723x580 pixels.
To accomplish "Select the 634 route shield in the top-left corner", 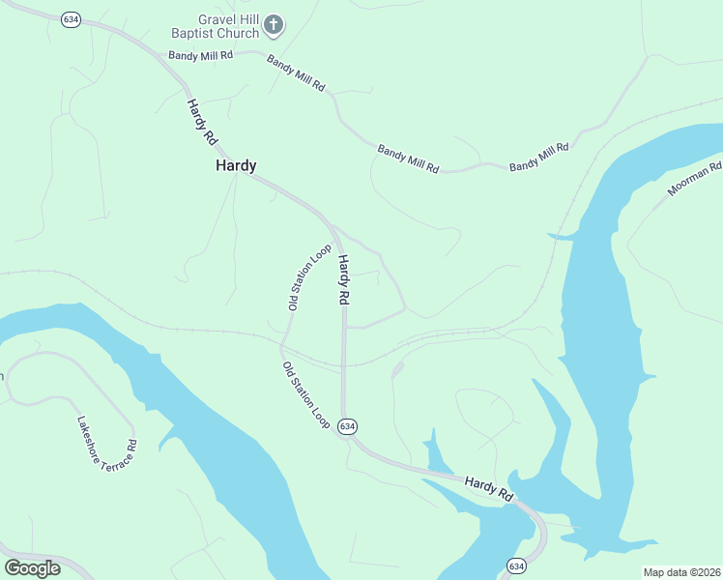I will click(70, 19).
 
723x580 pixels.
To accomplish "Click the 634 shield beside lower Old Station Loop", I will click(348, 425).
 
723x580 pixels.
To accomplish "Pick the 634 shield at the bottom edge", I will click(516, 565).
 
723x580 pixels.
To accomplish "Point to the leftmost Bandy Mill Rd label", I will click(201, 56).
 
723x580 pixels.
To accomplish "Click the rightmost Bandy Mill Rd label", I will click(539, 157).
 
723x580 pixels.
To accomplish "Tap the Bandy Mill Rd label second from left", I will click(296, 74).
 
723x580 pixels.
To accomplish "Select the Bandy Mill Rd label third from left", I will click(408, 159).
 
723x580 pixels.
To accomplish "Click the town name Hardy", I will click(236, 166).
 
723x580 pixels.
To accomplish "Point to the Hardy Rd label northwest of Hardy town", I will click(203, 123).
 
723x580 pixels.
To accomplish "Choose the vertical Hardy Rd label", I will click(343, 280).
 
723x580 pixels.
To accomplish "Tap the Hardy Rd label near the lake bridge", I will click(488, 488).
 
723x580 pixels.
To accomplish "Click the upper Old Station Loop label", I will click(309, 276).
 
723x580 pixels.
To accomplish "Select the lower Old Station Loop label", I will click(305, 395).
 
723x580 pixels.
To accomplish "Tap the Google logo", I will click(32, 567).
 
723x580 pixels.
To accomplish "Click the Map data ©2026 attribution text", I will click(681, 572).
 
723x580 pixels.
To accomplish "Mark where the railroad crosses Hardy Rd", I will click(343, 366).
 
